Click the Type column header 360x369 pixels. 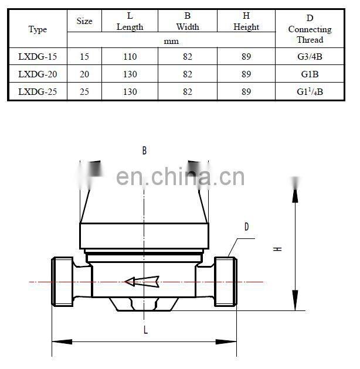38,30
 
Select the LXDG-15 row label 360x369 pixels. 38,57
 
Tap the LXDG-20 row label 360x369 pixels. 38,74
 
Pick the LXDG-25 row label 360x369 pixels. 38,92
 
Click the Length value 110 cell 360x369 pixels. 130,57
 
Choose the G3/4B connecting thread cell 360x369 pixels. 310,57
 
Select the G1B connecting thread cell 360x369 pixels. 310,74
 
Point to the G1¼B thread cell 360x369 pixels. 310,92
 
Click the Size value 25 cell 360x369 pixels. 84,92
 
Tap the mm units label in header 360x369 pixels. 171,41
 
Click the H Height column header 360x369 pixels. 246,22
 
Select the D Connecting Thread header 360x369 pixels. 310,29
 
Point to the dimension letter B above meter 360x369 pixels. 144,151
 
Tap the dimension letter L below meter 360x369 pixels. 145,330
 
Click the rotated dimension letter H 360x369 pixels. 278,249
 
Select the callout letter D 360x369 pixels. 246,227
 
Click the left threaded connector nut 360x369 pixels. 63,282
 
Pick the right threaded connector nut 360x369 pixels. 226,282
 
